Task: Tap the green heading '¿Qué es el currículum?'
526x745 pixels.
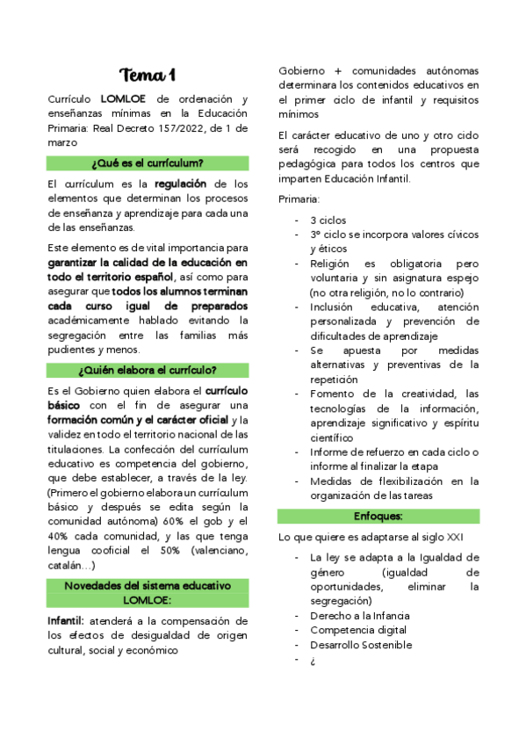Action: coord(148,163)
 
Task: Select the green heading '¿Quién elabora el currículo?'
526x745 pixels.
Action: coord(148,369)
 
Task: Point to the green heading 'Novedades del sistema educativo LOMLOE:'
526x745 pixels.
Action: coord(148,592)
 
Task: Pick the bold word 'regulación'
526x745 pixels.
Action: coord(181,184)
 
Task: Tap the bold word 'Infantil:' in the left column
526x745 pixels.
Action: coord(66,621)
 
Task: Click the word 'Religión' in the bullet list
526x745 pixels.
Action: coord(331,264)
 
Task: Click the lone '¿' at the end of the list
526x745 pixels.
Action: coord(312,660)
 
